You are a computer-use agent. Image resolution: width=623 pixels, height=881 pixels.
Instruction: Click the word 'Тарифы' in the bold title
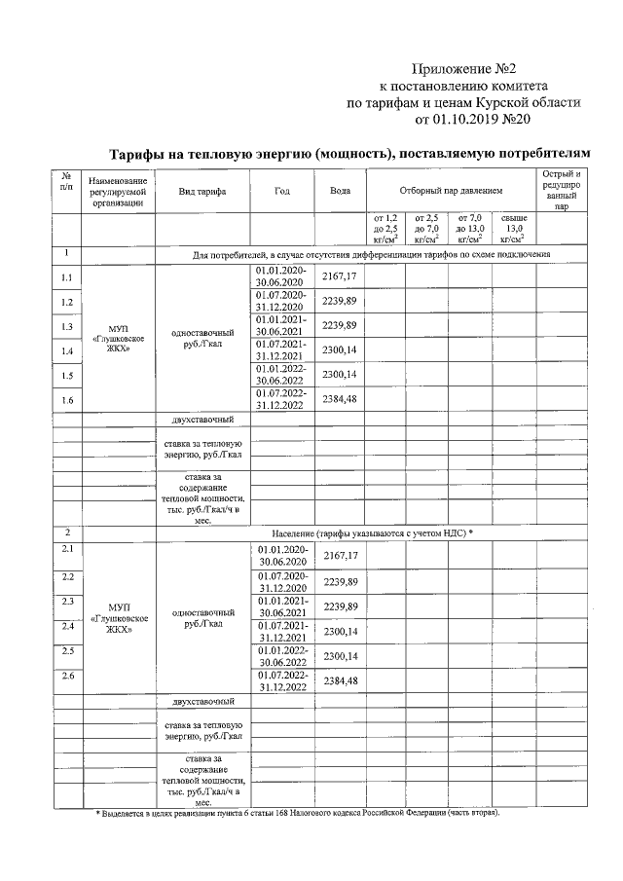coord(140,155)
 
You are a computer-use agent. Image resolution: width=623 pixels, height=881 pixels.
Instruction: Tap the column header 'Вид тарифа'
coord(202,192)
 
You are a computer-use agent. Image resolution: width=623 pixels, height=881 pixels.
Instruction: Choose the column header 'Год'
coord(282,192)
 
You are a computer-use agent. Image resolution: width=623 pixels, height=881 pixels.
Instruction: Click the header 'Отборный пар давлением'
coord(451,192)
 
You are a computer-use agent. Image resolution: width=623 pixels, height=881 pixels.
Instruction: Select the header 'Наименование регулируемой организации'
coord(118,192)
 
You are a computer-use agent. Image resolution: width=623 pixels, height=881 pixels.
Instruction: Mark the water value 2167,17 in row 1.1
coord(340,277)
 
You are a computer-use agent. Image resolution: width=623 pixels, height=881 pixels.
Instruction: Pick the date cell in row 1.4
coord(282,350)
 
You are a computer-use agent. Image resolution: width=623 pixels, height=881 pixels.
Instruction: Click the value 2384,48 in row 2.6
coord(340,679)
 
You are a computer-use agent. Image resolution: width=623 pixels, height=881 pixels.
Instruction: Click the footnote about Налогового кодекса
coord(297,812)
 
